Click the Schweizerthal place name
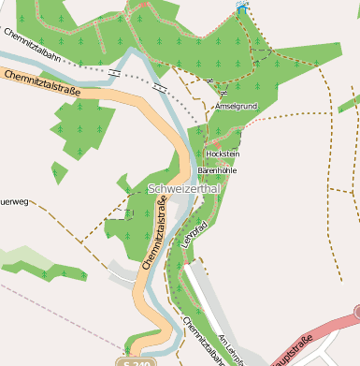(183, 189)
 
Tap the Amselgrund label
(235, 107)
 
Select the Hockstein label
(223, 154)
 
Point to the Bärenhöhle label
(217, 171)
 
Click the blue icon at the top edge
(243, 8)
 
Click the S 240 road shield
(137, 361)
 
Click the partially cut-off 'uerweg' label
(15, 200)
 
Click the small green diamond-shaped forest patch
(59, 173)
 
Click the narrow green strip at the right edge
(349, 102)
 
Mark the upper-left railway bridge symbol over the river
(114, 72)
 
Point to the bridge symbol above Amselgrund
(223, 94)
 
